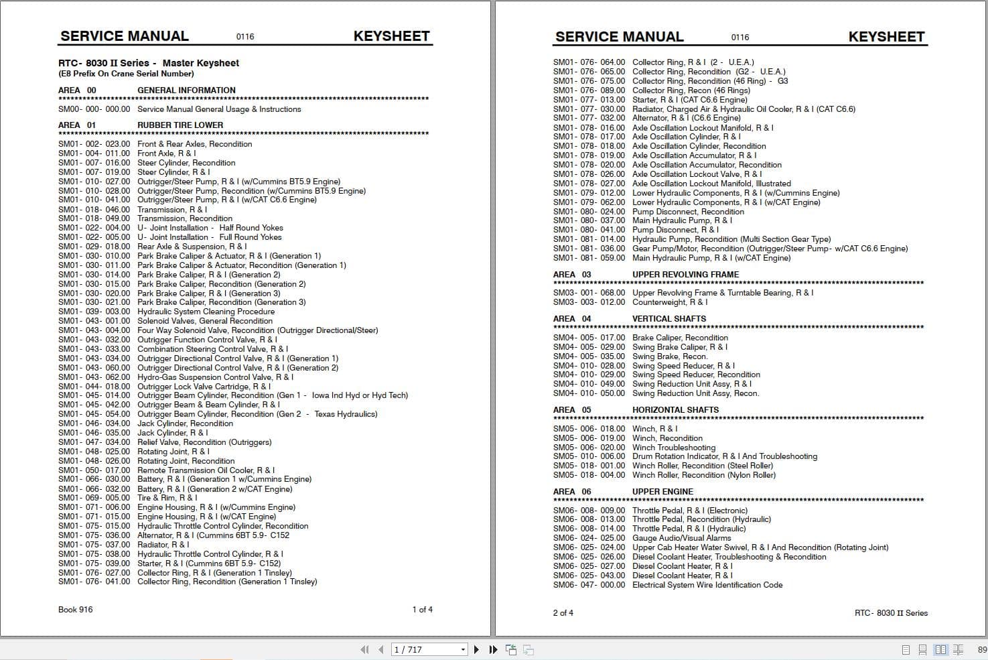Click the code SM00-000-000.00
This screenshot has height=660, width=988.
94,109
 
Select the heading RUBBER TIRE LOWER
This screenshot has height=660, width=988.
180,125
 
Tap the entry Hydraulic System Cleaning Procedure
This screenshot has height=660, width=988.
206,312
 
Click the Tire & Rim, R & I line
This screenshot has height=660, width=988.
167,498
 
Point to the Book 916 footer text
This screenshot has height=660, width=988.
76,610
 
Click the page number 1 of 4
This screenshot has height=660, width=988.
422,610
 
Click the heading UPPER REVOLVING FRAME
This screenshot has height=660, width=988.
685,275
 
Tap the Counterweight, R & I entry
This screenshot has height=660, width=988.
669,302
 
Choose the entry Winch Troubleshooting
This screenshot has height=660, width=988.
673,448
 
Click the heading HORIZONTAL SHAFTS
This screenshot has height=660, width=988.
675,410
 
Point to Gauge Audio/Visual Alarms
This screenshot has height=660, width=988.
681,538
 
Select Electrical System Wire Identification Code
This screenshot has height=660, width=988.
707,585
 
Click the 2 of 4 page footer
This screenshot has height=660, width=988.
563,613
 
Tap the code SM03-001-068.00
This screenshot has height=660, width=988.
589,293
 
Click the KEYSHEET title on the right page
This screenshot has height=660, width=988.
886,37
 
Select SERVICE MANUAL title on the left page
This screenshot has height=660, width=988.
125,36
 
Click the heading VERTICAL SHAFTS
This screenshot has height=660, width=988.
668,319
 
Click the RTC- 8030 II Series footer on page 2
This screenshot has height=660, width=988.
891,613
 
